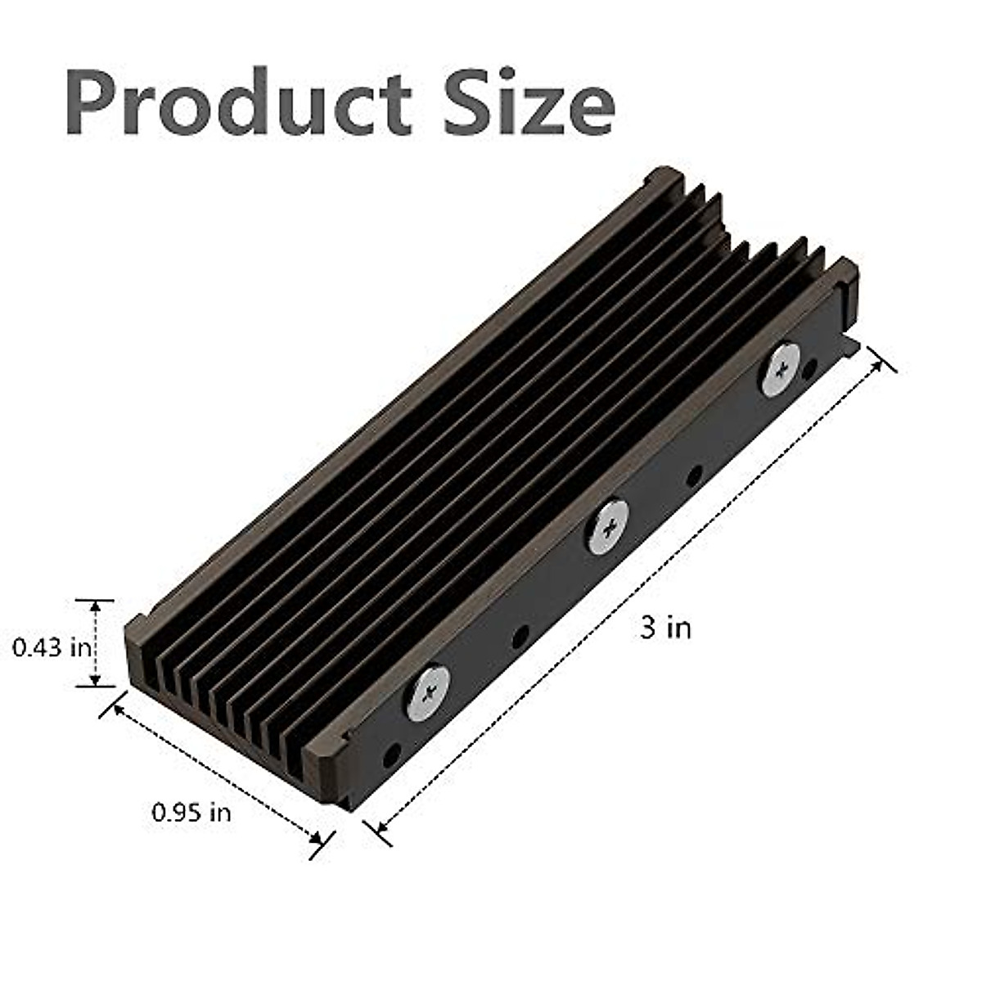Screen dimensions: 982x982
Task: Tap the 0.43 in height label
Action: click(x=51, y=647)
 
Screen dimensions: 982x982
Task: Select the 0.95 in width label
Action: click(x=191, y=813)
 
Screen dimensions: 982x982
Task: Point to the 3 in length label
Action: click(x=665, y=628)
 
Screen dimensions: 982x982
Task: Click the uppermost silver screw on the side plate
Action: click(x=782, y=369)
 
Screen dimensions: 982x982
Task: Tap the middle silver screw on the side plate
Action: click(x=607, y=525)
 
